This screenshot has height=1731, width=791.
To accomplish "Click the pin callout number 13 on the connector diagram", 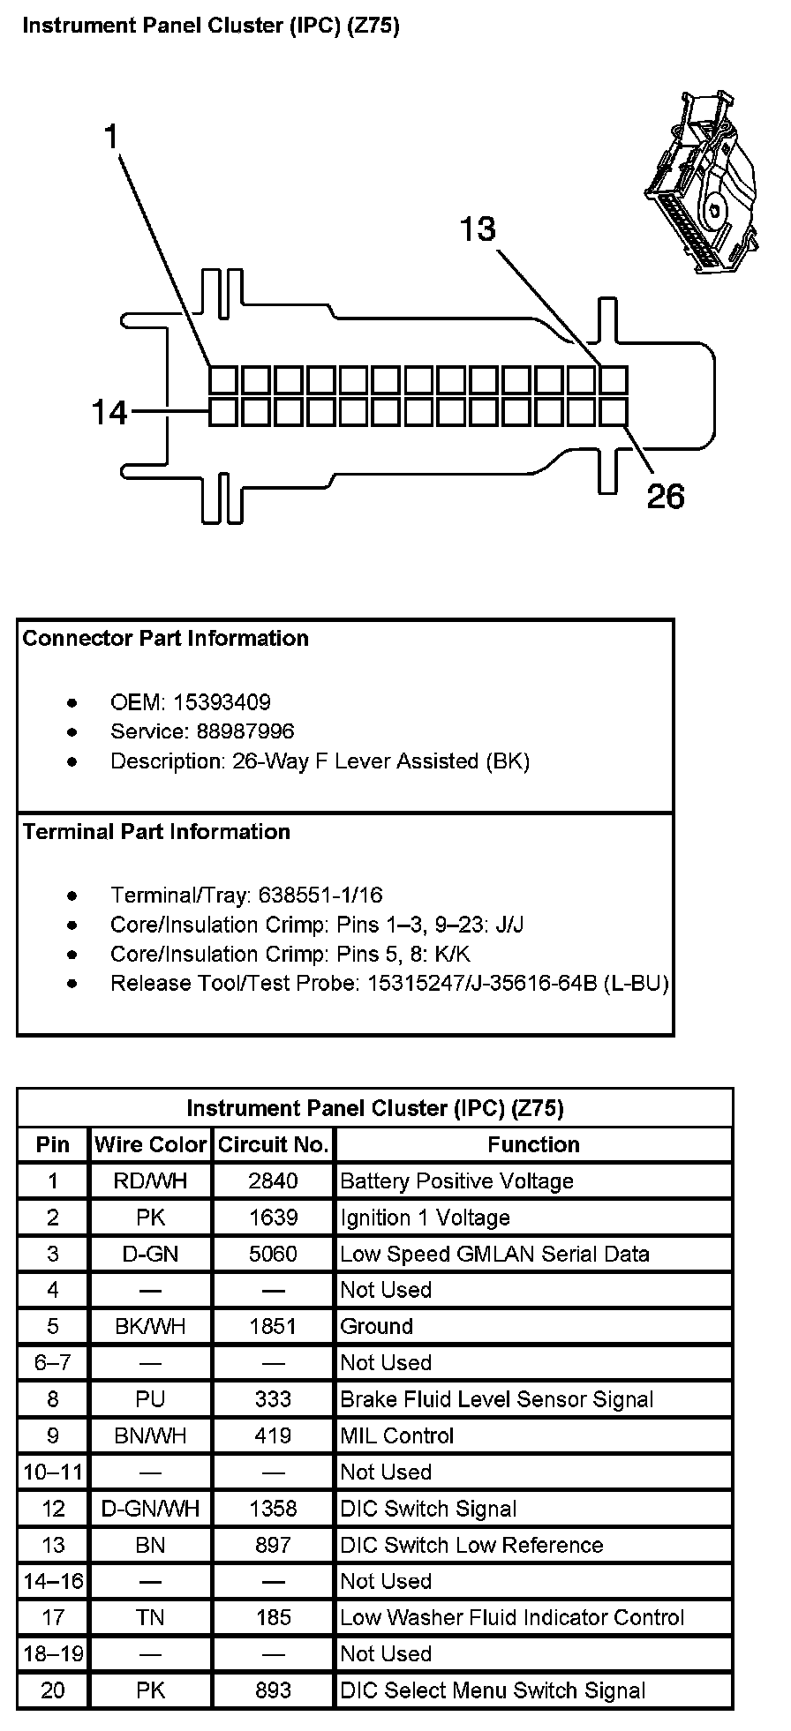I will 478,229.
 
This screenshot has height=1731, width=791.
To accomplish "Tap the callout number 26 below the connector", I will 666,497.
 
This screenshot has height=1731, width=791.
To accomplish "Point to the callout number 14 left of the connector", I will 110,412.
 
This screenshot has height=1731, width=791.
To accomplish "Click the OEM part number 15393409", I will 222,702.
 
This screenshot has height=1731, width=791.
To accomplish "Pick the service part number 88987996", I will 234,731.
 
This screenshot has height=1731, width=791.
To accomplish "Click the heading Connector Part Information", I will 165,639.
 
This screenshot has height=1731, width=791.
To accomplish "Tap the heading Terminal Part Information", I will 156,832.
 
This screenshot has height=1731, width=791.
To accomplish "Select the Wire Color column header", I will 150,1144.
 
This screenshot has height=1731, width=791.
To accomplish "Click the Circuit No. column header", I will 274,1144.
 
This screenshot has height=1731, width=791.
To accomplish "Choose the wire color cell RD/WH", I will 150,1181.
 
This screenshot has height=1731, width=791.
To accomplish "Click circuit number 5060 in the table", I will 274,1254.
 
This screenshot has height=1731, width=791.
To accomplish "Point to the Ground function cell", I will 377,1326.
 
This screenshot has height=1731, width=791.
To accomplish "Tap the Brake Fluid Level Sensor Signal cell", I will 496,1399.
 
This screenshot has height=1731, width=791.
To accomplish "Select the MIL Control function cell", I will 397,1435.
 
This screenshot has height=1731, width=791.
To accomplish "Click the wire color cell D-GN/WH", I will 150,1509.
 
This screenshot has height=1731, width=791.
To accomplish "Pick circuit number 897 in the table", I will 274,1545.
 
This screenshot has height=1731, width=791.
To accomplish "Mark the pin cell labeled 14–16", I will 53,1581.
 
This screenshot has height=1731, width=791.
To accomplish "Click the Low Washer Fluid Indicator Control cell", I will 512,1617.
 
